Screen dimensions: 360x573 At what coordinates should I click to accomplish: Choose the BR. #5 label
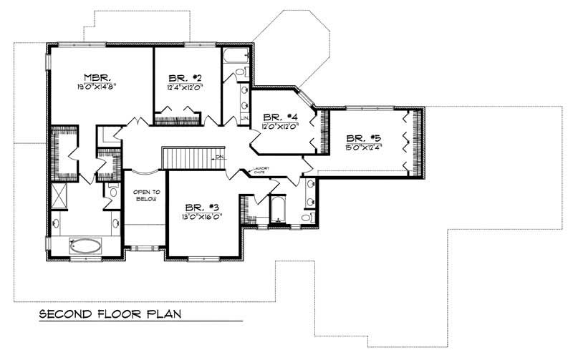(362, 137)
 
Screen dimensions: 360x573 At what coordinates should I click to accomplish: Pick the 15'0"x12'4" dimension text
(362, 148)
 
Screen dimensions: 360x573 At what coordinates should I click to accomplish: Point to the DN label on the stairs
(221, 157)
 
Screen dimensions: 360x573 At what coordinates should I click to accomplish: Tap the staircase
(188, 157)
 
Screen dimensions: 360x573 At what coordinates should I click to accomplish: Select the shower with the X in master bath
(61, 195)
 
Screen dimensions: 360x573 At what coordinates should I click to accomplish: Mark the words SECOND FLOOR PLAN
(110, 313)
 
